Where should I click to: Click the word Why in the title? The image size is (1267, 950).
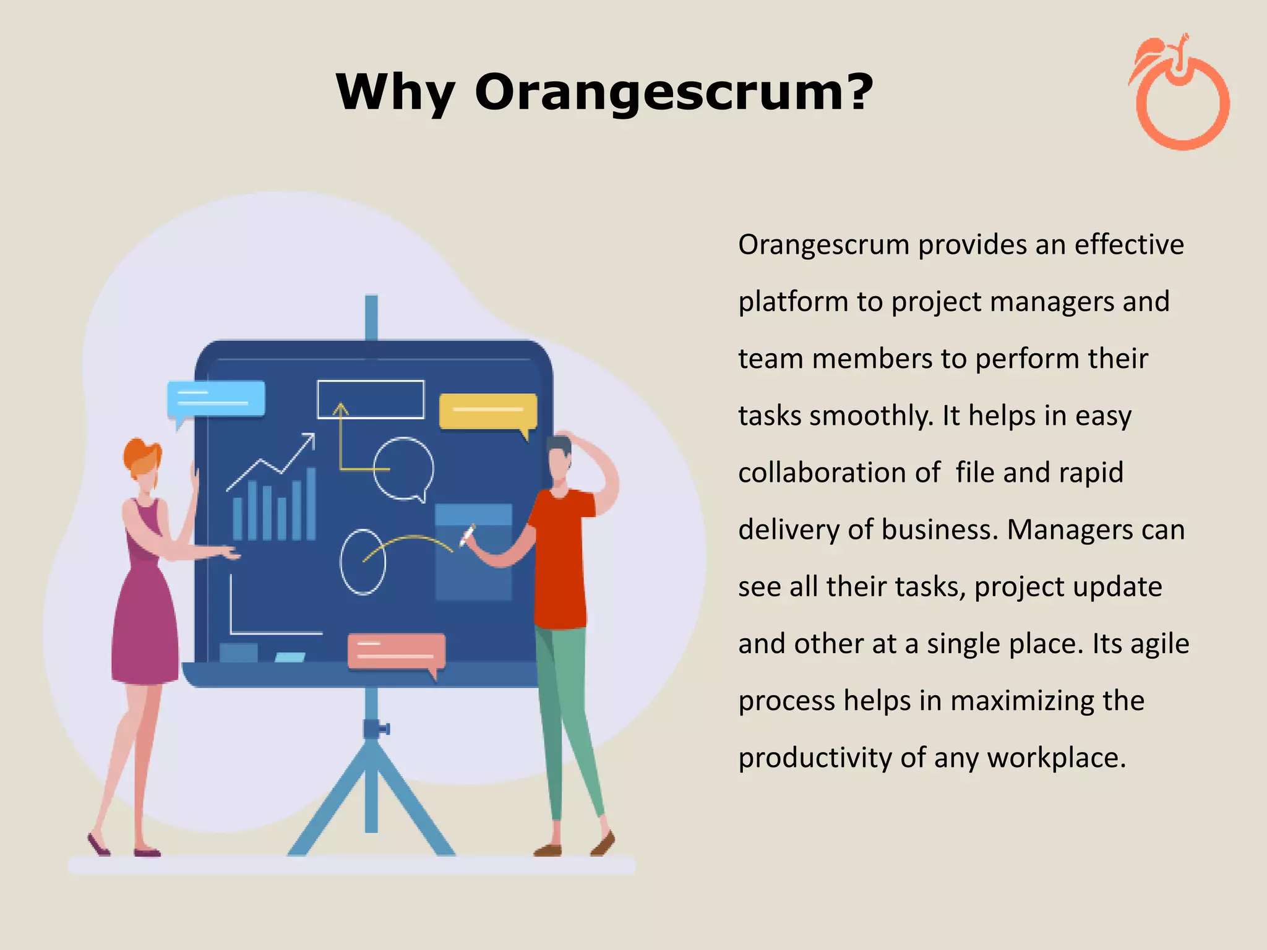(396, 93)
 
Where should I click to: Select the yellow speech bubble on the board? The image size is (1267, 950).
(487, 411)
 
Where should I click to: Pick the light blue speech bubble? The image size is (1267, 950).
(216, 398)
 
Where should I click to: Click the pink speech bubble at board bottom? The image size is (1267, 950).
(396, 651)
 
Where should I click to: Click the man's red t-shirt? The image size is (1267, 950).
(560, 557)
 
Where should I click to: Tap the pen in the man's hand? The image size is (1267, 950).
(467, 535)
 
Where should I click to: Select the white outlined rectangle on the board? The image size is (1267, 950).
(371, 399)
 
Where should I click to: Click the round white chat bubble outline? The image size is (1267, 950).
(403, 468)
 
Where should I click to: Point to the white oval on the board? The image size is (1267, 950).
(363, 562)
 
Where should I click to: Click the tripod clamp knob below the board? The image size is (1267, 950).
(375, 729)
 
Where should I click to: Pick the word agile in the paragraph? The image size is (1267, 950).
(1159, 644)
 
